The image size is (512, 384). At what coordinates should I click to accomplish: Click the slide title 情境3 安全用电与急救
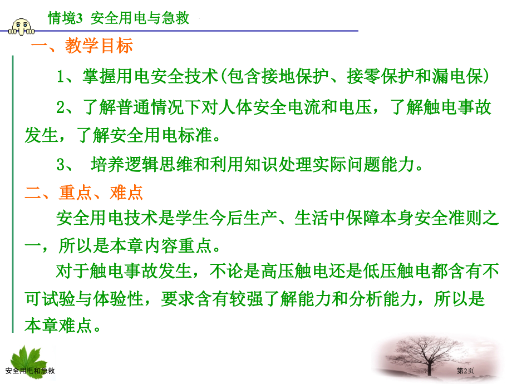[x=120, y=19]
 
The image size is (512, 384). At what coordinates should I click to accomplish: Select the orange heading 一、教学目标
[x=82, y=46]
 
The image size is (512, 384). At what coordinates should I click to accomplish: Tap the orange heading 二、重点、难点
[x=84, y=193]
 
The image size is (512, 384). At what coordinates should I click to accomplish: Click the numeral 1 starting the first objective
[x=61, y=77]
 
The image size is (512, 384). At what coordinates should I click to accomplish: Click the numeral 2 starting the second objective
[x=61, y=107]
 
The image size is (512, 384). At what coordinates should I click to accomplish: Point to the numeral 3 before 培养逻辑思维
[x=61, y=165]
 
